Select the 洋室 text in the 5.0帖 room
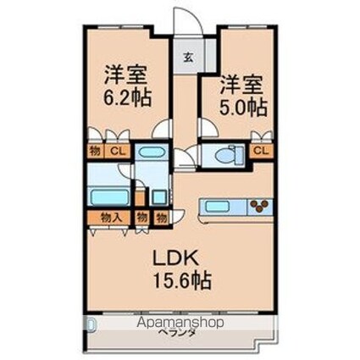pos(241,85)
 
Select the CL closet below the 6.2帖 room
pos(119,152)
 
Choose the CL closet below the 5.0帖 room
pos(263,152)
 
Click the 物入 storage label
pos(113,218)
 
